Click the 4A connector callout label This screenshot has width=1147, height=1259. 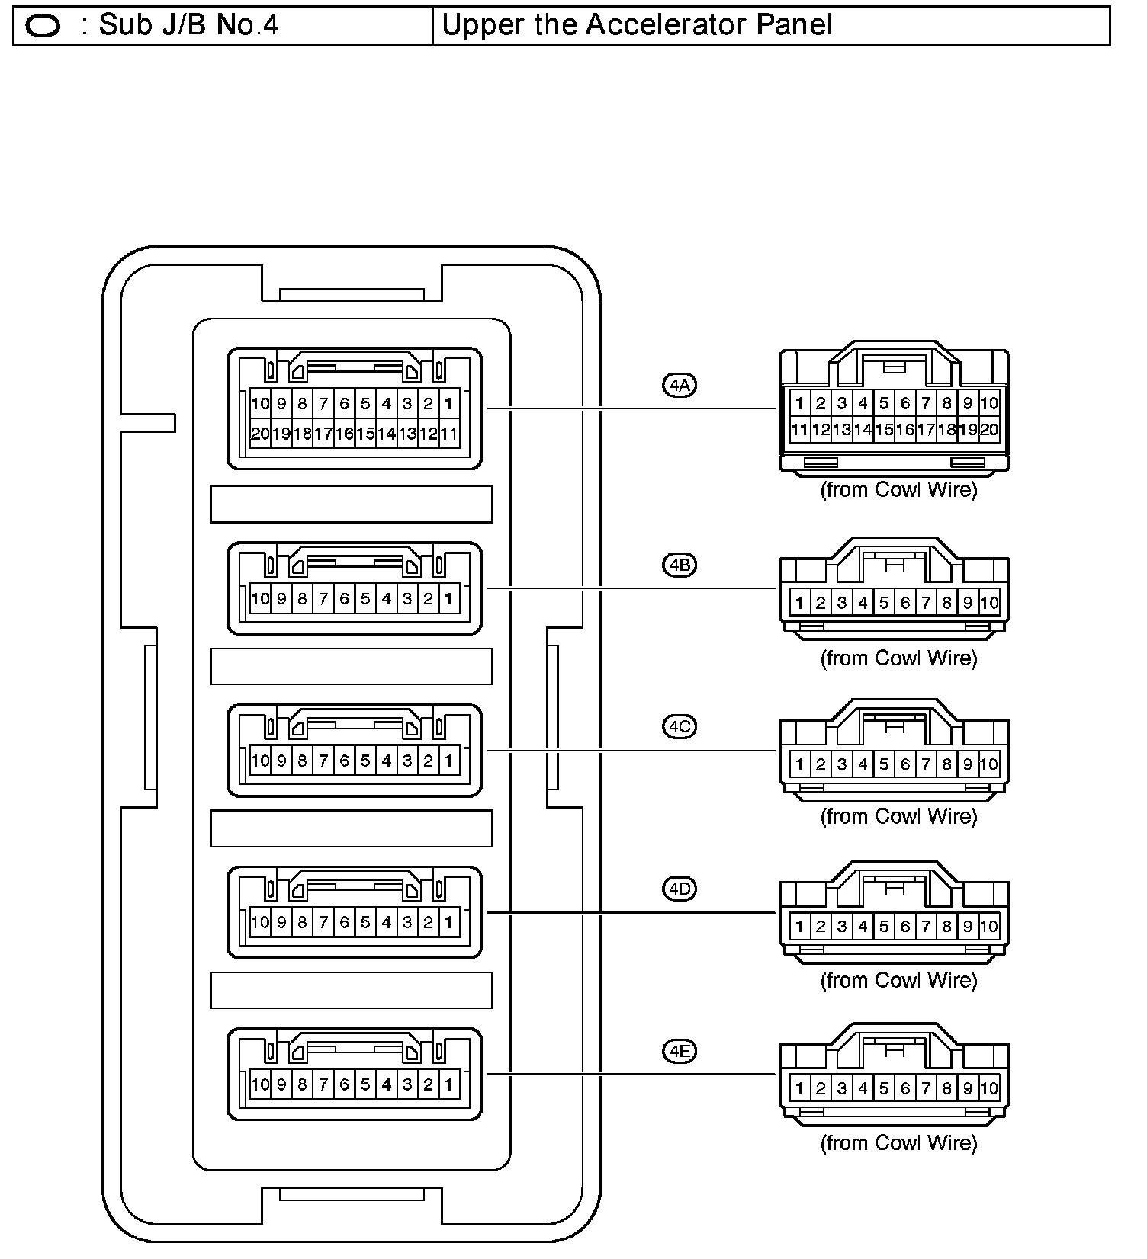tap(679, 385)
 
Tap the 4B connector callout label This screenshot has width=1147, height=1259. tap(679, 565)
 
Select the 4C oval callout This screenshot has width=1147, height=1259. tap(679, 727)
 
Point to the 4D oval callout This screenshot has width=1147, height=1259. tap(679, 889)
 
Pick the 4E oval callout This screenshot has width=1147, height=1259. tap(679, 1052)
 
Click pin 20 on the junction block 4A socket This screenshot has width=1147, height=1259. tap(260, 434)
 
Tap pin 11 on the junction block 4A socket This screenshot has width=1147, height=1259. tap(449, 434)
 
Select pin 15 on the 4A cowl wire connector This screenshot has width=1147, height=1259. tap(884, 430)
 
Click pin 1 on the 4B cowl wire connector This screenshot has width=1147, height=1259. tap(799, 603)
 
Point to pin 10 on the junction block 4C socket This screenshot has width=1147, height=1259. tap(260, 761)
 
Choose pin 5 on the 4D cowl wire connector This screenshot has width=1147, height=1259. tap(884, 927)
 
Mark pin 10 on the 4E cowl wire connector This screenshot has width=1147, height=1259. tap(989, 1089)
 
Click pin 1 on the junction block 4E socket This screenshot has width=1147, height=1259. tap(449, 1084)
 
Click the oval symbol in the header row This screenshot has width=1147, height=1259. tap(43, 27)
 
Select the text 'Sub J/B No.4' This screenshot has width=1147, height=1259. tap(189, 25)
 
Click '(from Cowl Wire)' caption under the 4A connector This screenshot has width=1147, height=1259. tap(898, 489)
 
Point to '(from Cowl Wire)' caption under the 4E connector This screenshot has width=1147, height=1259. tap(898, 1142)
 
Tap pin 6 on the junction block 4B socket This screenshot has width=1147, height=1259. tap(344, 599)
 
